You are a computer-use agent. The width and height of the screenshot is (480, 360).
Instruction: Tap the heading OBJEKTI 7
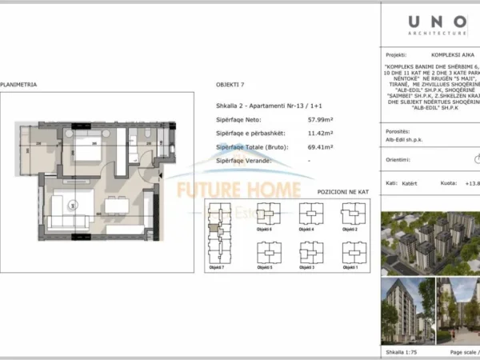[230, 83]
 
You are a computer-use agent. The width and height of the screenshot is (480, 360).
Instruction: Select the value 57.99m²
[299, 121]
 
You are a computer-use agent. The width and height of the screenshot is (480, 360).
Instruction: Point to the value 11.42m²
[299, 134]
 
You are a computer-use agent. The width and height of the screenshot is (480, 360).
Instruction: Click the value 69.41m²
[299, 148]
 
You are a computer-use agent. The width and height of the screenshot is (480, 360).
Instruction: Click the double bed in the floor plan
[86, 150]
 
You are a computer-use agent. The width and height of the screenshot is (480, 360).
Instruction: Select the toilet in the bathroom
[150, 133]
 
